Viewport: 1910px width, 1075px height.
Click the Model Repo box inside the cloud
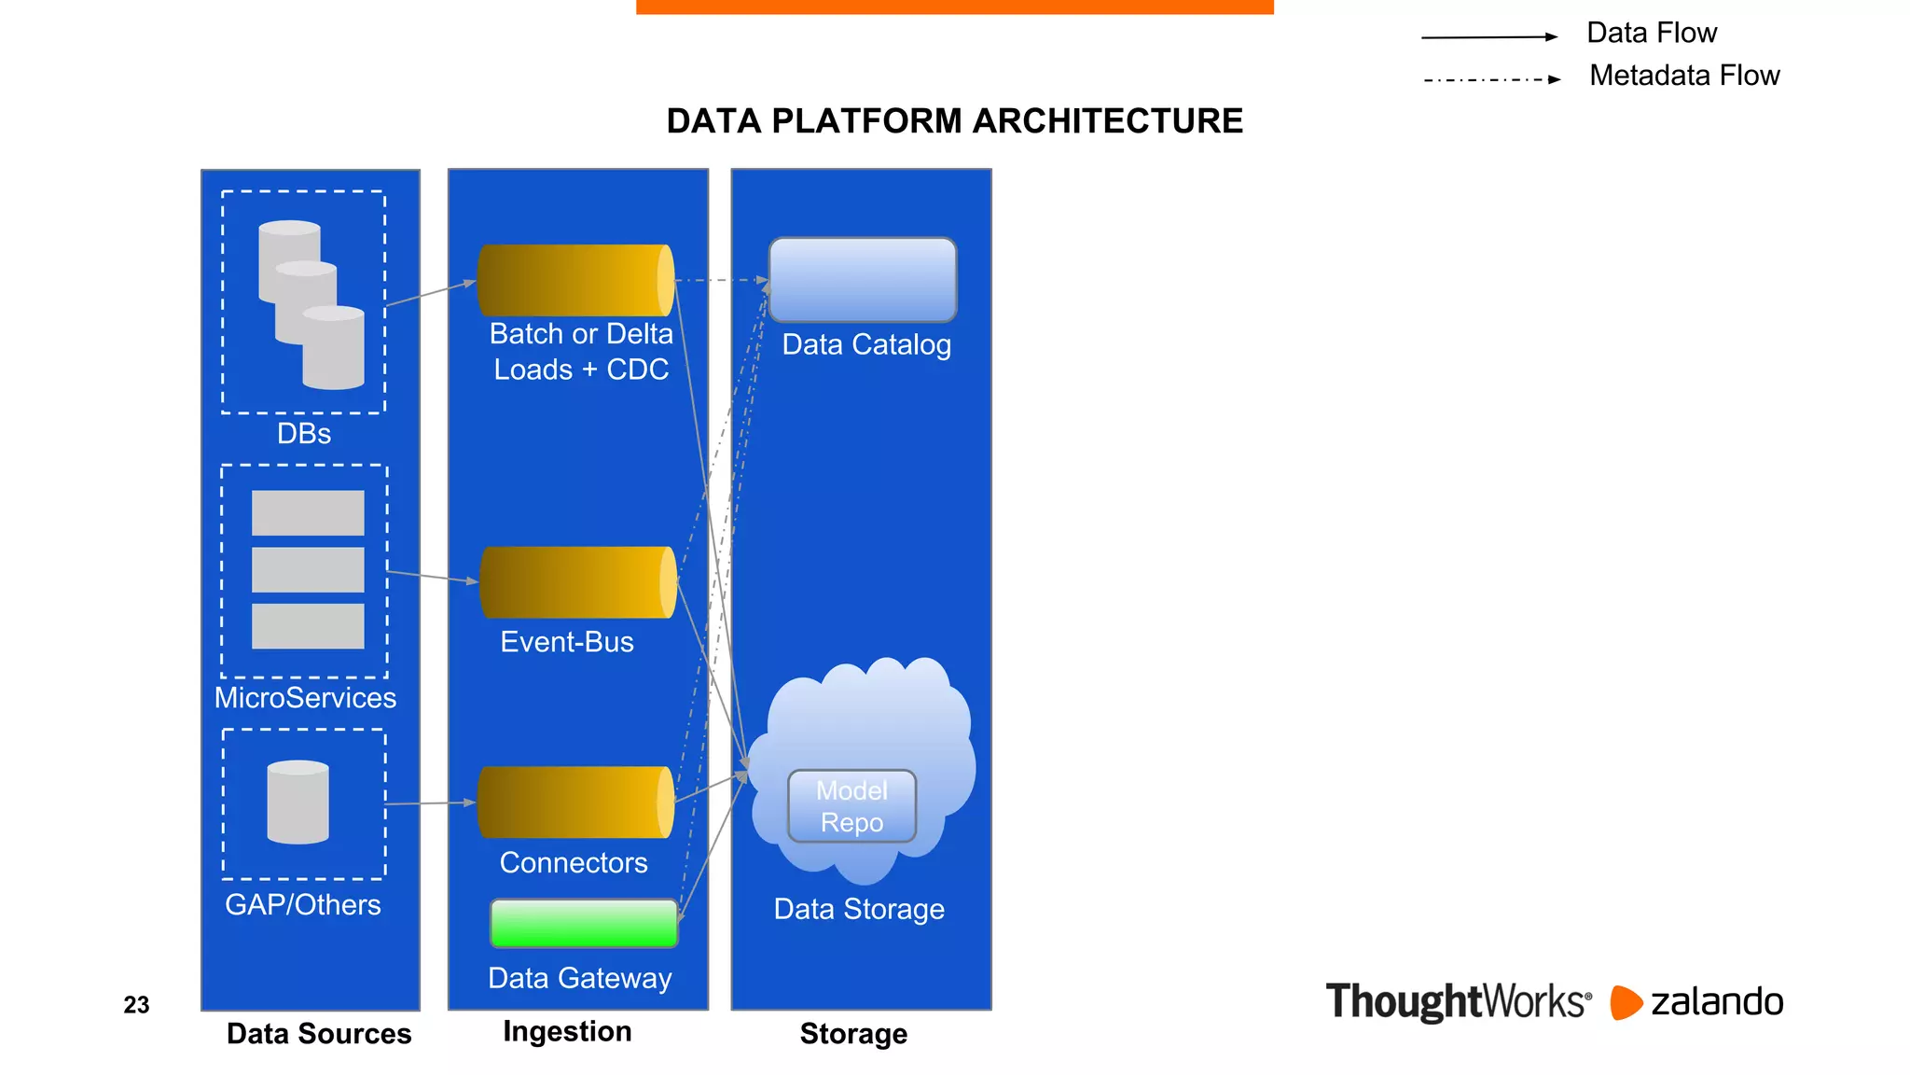click(851, 806)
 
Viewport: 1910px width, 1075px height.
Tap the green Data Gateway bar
click(584, 923)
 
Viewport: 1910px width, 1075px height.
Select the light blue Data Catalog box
click(863, 280)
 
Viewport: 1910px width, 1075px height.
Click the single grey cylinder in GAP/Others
click(298, 803)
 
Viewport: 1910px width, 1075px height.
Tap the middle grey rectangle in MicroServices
click(308, 569)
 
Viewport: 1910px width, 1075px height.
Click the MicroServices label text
click(305, 698)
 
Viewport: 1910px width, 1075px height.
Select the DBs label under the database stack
click(304, 434)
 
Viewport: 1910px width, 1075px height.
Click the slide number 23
click(136, 1005)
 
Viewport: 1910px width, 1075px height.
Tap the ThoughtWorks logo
click(1458, 1002)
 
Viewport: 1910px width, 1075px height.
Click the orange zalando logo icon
click(1626, 1002)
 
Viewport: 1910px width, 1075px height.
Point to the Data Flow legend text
click(1652, 34)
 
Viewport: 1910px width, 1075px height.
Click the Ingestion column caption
click(567, 1031)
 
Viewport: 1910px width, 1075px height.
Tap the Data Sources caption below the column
click(319, 1034)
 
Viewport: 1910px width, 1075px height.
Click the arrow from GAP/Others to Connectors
click(431, 803)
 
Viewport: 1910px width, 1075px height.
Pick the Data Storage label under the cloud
click(859, 909)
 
